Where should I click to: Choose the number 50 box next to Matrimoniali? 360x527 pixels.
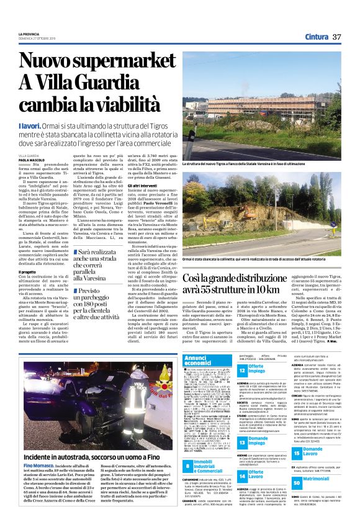click(x=296, y=482)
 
